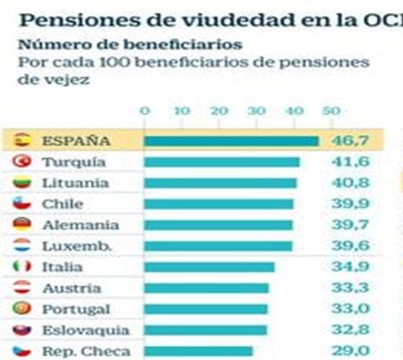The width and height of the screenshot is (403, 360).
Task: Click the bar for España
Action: (x=231, y=141)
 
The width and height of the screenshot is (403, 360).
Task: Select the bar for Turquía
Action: (x=221, y=162)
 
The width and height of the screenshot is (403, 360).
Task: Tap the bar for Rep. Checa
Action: (x=198, y=351)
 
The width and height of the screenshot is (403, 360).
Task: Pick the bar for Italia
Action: (x=209, y=267)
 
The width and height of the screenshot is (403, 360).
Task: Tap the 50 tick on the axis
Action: (x=330, y=111)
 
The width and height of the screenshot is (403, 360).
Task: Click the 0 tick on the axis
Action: (x=145, y=111)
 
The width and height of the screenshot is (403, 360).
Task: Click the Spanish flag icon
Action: (x=22, y=140)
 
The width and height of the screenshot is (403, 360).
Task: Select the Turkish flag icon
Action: (x=22, y=161)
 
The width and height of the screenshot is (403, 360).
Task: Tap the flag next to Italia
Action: (x=22, y=267)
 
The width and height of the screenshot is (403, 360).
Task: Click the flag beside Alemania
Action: (x=22, y=224)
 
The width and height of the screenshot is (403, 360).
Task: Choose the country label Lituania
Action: (x=75, y=183)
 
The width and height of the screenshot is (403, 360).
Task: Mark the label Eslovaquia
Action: (x=86, y=330)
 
